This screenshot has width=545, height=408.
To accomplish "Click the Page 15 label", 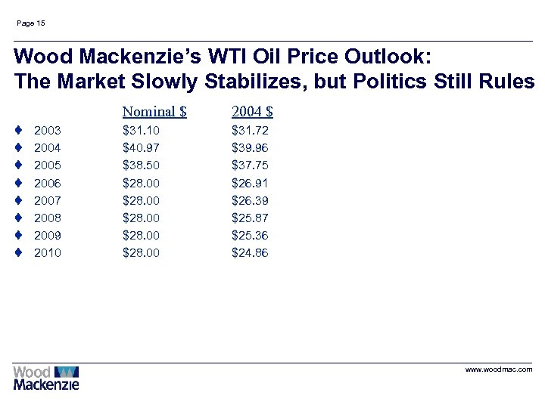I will pyautogui.click(x=30, y=23).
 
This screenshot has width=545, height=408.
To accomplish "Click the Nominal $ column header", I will pyautogui.click(x=154, y=112).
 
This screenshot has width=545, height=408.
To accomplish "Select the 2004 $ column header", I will pyautogui.click(x=252, y=112).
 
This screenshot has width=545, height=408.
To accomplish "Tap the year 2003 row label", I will pyautogui.click(x=48, y=131).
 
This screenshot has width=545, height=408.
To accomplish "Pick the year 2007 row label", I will pyautogui.click(x=48, y=200).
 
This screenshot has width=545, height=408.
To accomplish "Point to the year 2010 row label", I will pyautogui.click(x=48, y=252).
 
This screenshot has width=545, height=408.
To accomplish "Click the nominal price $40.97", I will pyautogui.click(x=142, y=148).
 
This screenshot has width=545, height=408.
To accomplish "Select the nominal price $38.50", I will pyautogui.click(x=142, y=165).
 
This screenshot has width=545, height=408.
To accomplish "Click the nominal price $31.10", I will pyautogui.click(x=142, y=131).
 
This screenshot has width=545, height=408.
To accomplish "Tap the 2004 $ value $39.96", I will pyautogui.click(x=250, y=148).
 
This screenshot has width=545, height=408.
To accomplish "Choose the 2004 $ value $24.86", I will pyautogui.click(x=250, y=252).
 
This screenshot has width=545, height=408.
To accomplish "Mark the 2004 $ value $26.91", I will pyautogui.click(x=250, y=183).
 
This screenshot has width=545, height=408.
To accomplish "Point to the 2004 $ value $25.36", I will pyautogui.click(x=250, y=235).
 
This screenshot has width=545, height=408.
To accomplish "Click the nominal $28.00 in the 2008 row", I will pyautogui.click(x=142, y=218).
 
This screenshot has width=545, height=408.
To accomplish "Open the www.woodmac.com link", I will pyautogui.click(x=498, y=369).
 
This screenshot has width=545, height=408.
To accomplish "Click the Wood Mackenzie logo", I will pyautogui.click(x=45, y=378).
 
